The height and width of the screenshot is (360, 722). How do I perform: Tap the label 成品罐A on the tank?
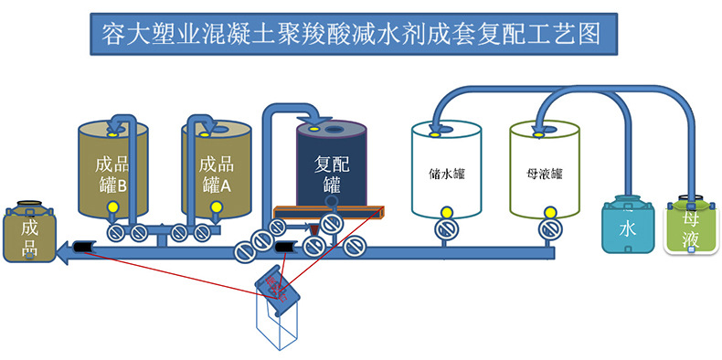pyautogui.click(x=216, y=175)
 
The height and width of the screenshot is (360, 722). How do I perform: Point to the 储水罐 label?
pyautogui.click(x=447, y=173)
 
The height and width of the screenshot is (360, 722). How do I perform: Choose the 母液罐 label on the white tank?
pyautogui.click(x=545, y=173)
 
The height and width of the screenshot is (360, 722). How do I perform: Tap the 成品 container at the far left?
pyautogui.click(x=29, y=230)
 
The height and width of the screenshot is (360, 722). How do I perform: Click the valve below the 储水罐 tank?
pyautogui.click(x=446, y=229)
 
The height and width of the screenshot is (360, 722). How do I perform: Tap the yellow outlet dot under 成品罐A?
pyautogui.click(x=217, y=207)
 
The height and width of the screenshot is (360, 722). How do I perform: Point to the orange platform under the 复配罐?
pyautogui.click(x=329, y=215)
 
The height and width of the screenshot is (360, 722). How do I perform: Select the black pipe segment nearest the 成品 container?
pyautogui.click(x=82, y=247)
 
